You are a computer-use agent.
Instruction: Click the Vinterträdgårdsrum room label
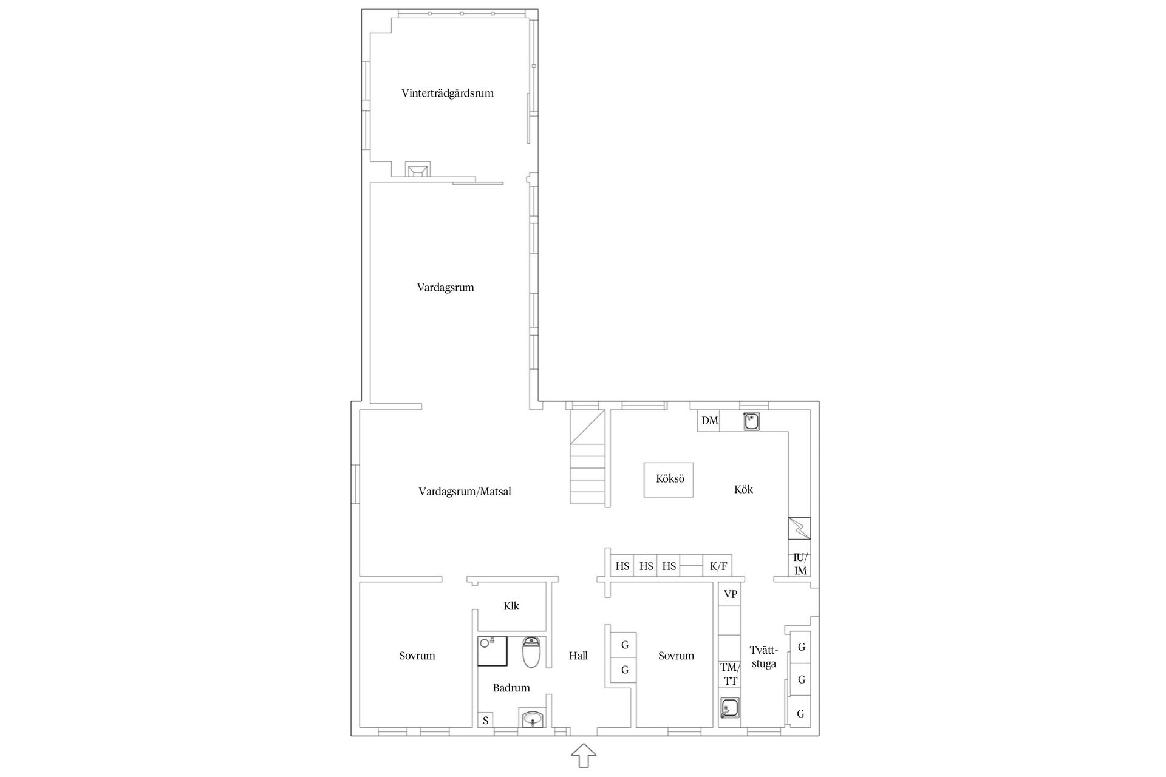pos(448,93)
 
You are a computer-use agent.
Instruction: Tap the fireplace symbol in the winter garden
pos(418,169)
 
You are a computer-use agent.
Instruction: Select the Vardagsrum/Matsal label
pos(465,492)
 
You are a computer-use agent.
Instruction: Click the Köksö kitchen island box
pos(669,479)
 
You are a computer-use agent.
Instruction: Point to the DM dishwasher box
pos(709,421)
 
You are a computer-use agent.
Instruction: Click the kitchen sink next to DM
pos(752,421)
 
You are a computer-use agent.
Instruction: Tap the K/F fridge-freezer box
pos(718,566)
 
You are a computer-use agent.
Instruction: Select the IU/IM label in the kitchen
pos(800,565)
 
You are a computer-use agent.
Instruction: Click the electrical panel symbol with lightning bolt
pos(799,528)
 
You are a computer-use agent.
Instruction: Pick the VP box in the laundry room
pos(730,594)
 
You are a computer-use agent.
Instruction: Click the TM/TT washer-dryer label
pos(730,674)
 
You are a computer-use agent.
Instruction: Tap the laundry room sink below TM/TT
pos(730,708)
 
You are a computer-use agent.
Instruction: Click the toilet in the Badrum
pos(531,652)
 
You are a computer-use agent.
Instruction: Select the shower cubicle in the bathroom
pos(492,651)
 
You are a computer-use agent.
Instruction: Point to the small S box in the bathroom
pos(485,721)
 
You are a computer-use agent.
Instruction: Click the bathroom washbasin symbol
pos(533,719)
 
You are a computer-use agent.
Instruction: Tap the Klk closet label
pos(511,606)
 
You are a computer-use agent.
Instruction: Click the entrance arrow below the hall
pos(583,756)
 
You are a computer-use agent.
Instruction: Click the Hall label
pos(578,656)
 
